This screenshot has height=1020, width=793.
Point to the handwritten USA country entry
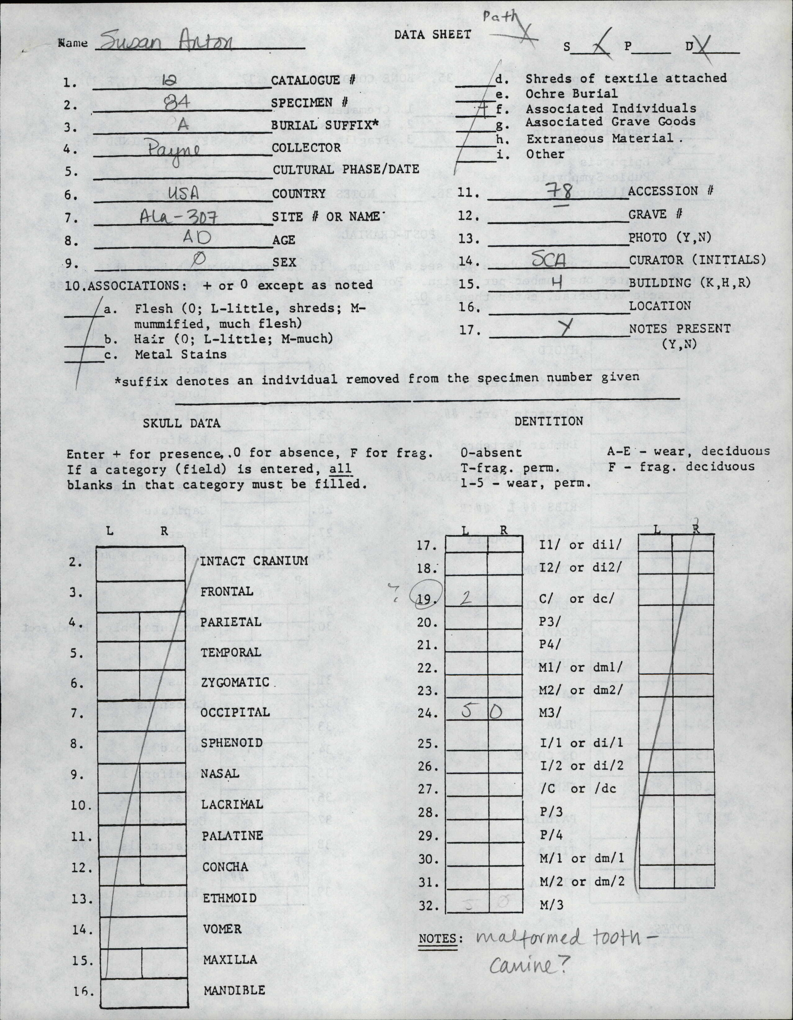tap(183, 193)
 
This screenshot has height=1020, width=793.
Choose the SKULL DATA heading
tap(181, 423)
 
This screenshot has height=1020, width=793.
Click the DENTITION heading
tap(549, 421)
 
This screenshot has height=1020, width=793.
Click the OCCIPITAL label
tap(235, 712)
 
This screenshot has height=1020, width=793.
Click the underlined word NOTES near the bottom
tap(437, 938)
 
